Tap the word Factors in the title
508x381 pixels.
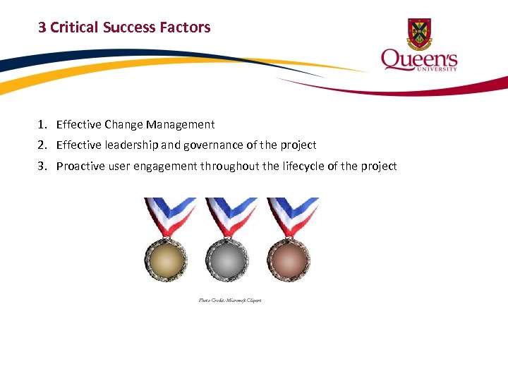click(186, 28)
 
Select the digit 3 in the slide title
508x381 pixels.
click(42, 28)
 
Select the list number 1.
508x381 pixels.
click(42, 125)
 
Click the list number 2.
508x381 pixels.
click(42, 145)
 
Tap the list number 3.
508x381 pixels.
click(42, 167)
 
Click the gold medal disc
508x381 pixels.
click(167, 260)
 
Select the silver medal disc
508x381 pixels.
click(227, 260)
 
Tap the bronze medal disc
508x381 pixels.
click(288, 260)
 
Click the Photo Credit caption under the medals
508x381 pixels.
click(230, 301)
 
